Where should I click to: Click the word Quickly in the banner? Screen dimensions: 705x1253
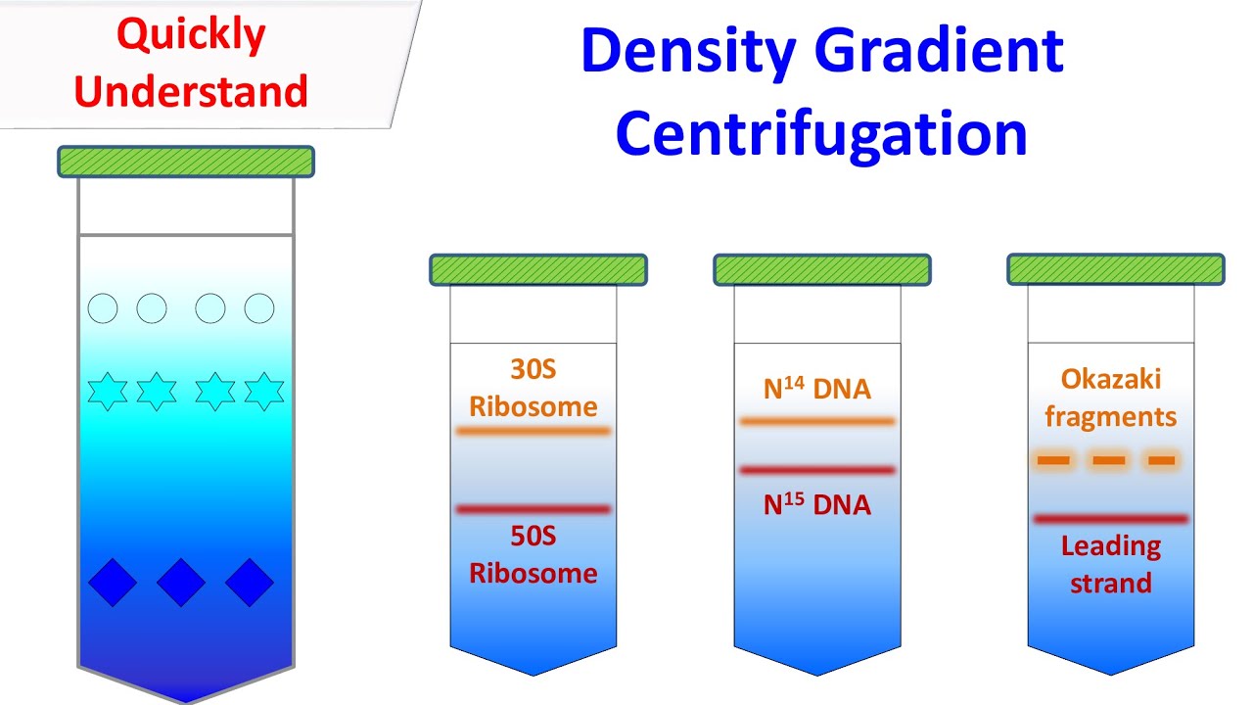point(191,36)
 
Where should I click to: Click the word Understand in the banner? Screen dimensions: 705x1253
point(191,91)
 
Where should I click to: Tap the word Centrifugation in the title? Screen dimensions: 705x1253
point(821,135)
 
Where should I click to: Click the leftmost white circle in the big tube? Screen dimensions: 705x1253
point(103,309)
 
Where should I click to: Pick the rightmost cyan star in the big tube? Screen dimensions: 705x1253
point(263,392)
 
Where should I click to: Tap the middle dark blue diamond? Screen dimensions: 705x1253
point(181,583)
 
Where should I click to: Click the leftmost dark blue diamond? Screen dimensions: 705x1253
point(113,583)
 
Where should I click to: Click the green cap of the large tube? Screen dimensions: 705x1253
point(186,162)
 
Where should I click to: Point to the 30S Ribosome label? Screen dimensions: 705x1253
point(534,388)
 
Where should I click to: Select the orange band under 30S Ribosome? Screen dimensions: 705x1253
point(534,431)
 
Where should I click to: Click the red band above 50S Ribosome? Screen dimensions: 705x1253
point(534,509)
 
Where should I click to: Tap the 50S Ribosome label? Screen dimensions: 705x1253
point(534,554)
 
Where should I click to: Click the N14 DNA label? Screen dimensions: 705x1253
point(817,389)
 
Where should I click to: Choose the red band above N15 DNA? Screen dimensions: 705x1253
point(817,471)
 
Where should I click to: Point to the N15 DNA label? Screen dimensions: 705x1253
point(817,505)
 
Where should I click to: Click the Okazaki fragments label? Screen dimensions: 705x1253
point(1110,398)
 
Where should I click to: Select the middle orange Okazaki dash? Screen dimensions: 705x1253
point(1109,460)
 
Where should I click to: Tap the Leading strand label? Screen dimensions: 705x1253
point(1110,564)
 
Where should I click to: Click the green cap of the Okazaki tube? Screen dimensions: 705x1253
point(1116,269)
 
